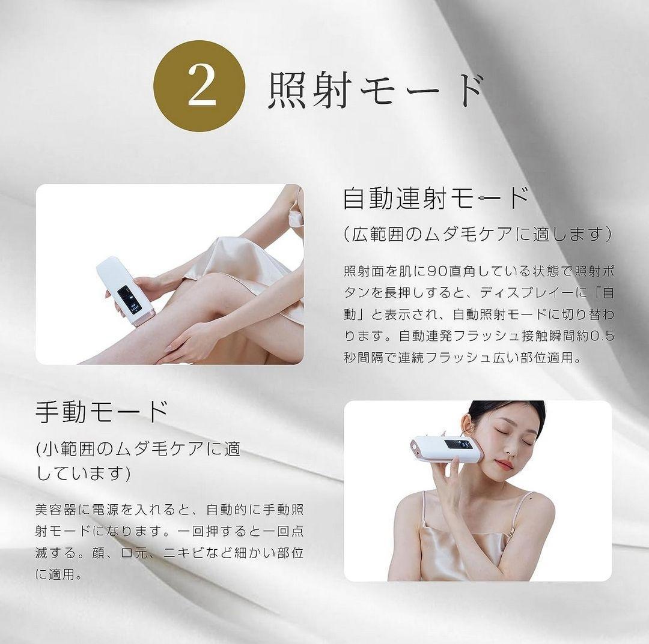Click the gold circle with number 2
tap(200, 86)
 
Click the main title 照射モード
tap(376, 90)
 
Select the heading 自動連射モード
tap(436, 197)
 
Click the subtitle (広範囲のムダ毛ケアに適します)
tap(478, 233)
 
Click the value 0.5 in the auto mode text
tap(602, 336)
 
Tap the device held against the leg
tap(125, 290)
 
